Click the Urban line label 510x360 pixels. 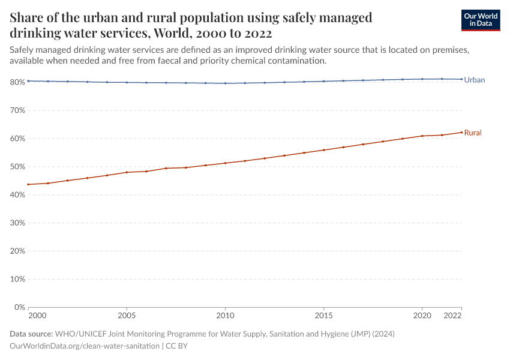tap(474, 79)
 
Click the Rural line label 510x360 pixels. tap(473, 133)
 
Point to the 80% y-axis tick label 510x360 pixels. tap(17, 82)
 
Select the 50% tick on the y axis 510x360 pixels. tap(17, 167)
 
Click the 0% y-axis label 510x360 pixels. tap(19, 307)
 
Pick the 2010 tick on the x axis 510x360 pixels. tap(225, 316)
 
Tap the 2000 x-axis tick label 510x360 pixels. tap(37, 316)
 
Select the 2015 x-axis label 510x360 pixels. tap(323, 316)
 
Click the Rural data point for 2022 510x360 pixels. tap(461, 132)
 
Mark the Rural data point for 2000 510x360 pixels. tap(28, 184)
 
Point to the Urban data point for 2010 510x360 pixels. tap(225, 83)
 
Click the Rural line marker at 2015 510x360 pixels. tap(323, 150)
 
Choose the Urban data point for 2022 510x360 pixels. tap(461, 79)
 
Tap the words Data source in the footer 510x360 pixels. tap(31, 334)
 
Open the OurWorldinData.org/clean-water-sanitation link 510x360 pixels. tap(85, 346)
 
